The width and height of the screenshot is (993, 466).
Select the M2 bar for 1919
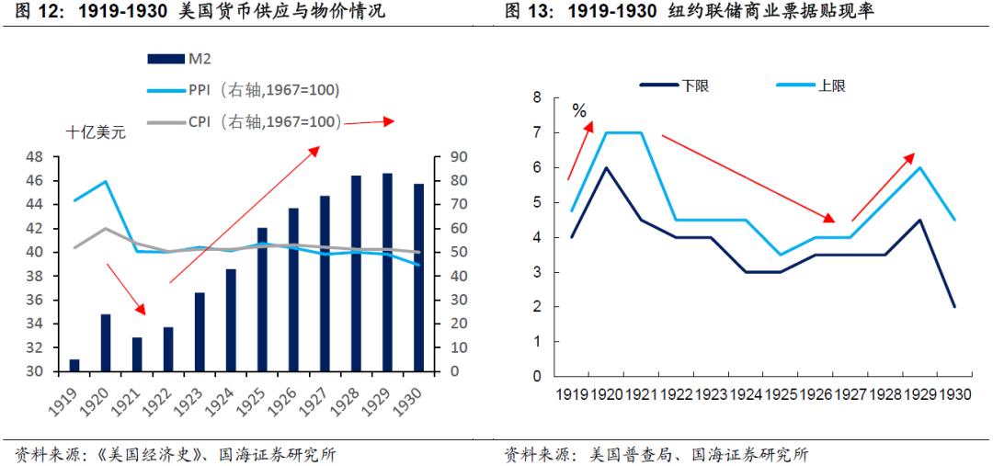(74, 366)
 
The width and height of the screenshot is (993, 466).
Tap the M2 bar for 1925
(262, 300)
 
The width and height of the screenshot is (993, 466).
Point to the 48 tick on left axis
(36, 157)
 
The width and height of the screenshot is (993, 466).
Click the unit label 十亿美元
(96, 132)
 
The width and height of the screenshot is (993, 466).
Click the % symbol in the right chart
(578, 111)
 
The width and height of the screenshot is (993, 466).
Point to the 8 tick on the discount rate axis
(538, 97)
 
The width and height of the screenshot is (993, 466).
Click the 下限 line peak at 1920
(606, 167)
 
